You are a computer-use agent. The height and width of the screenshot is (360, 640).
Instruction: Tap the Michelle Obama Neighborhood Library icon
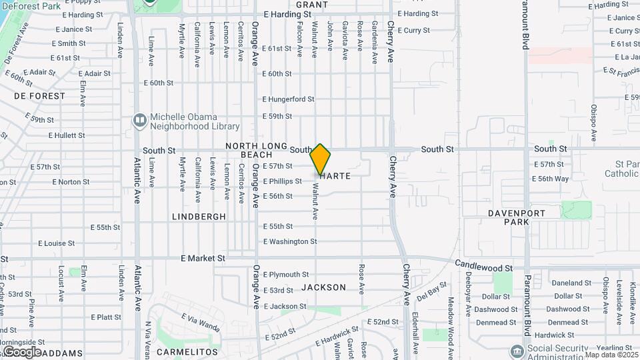click(x=139, y=120)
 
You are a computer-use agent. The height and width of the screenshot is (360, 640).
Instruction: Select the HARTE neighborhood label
click(x=335, y=176)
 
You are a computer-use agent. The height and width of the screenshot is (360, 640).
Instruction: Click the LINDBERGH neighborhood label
click(x=199, y=217)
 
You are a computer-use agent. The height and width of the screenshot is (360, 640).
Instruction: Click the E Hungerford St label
click(x=288, y=99)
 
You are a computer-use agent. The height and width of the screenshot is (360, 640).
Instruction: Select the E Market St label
click(x=203, y=257)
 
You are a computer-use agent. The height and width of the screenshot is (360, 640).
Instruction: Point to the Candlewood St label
click(x=484, y=265)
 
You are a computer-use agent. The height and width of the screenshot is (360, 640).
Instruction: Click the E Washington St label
click(x=289, y=241)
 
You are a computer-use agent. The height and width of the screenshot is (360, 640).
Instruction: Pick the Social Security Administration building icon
click(x=517, y=351)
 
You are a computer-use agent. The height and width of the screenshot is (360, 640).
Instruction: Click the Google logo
click(x=22, y=351)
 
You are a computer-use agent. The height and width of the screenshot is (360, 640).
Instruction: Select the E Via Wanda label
click(x=200, y=325)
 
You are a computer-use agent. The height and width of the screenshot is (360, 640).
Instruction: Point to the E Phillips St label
click(x=282, y=181)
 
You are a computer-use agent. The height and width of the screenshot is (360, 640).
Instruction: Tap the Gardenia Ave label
click(x=375, y=42)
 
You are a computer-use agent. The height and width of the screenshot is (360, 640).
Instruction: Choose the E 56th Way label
click(x=550, y=179)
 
